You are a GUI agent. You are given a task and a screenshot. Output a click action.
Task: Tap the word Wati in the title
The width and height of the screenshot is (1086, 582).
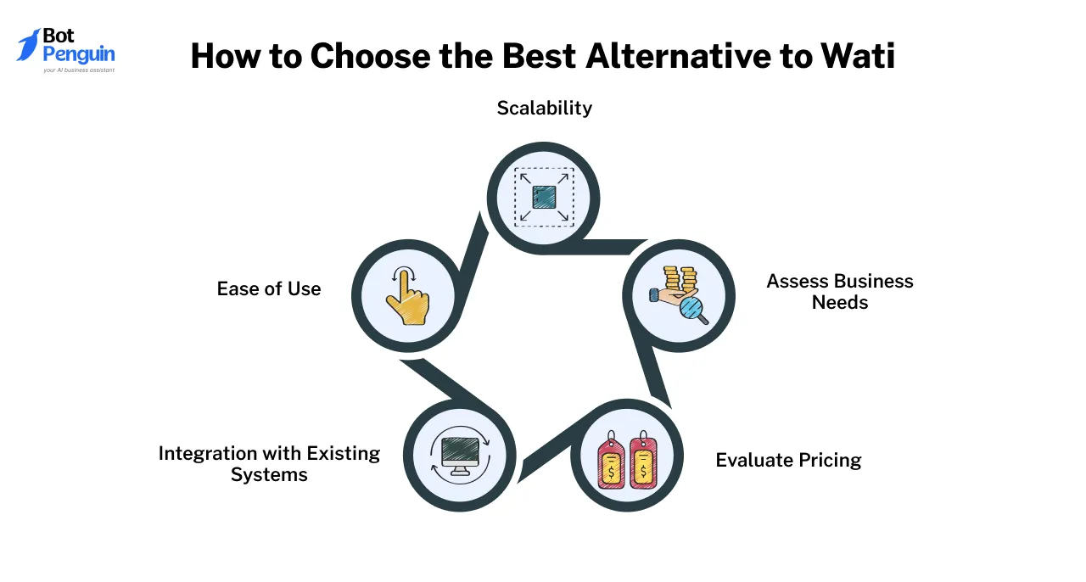(858, 56)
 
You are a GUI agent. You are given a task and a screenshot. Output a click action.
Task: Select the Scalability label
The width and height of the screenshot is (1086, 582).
(544, 108)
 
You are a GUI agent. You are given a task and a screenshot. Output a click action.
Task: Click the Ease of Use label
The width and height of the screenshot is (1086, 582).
(269, 288)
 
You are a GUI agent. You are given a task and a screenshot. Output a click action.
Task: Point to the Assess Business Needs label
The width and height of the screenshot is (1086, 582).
(839, 291)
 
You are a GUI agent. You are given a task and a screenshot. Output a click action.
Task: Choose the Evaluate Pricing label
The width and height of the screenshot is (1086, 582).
(788, 460)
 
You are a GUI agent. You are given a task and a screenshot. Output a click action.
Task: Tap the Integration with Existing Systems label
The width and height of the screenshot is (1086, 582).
(269, 463)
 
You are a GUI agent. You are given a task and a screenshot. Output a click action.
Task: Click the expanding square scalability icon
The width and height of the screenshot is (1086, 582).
(544, 197)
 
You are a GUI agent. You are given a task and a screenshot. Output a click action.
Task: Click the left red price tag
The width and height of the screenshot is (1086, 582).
(611, 462)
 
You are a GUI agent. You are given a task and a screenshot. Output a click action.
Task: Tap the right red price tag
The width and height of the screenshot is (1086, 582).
(644, 462)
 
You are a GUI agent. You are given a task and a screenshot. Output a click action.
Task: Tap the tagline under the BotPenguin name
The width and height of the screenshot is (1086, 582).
(78, 70)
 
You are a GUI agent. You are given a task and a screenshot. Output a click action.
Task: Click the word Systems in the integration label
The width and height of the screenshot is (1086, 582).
(269, 474)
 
